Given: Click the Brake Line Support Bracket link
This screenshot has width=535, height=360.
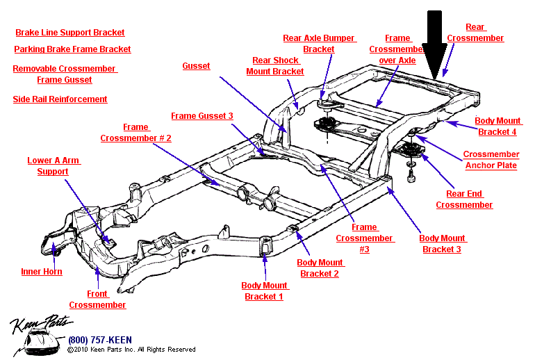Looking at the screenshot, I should (x=70, y=33).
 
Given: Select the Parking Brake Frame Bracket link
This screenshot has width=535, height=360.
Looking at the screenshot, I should (x=72, y=49).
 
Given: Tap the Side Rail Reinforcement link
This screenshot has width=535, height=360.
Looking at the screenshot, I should (x=60, y=99).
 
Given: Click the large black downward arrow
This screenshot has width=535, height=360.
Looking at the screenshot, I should (x=436, y=42).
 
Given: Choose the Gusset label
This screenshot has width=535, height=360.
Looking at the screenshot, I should (x=197, y=66).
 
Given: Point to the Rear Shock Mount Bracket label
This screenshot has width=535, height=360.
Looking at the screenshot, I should (x=277, y=66).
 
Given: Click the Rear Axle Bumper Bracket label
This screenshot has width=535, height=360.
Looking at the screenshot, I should (x=319, y=44).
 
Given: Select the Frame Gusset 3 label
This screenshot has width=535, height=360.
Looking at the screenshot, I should (x=202, y=116).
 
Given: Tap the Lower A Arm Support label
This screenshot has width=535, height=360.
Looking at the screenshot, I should (x=53, y=166).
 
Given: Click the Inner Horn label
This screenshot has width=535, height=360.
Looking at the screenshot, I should (x=42, y=272).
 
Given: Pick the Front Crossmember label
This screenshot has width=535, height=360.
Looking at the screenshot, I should (x=97, y=300).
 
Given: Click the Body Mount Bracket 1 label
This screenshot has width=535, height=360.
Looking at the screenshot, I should (x=264, y=291).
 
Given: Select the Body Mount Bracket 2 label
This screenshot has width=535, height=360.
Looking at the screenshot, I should (x=320, y=268).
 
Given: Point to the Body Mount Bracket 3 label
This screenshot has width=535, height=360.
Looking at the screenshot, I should (x=442, y=244).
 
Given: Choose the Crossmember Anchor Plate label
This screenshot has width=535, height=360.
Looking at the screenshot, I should (x=491, y=160).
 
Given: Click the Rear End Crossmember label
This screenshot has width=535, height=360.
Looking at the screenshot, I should (x=464, y=199).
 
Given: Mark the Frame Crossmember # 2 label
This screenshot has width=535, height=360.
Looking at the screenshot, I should (x=135, y=133).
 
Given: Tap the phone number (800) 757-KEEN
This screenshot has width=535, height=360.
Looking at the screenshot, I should (x=99, y=340).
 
